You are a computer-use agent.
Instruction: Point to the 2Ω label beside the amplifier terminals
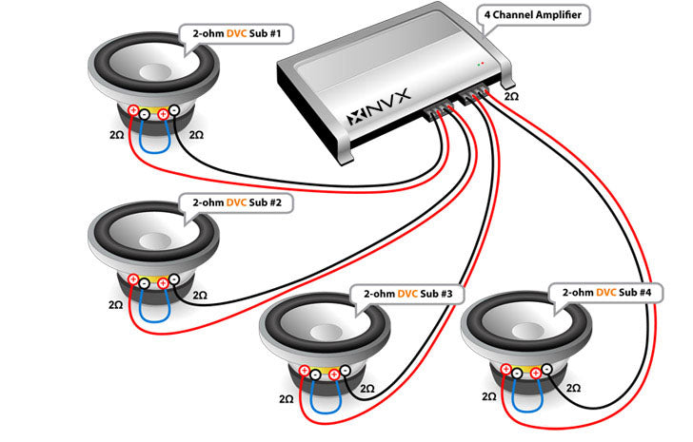coord(511,97)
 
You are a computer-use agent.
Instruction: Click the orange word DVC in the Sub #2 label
coord(235,202)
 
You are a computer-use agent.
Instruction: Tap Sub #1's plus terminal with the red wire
coord(134,111)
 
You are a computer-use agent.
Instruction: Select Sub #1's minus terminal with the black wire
coord(174,111)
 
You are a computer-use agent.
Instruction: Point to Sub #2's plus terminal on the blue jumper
coord(162,281)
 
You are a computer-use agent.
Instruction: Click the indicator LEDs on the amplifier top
coord(483,63)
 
